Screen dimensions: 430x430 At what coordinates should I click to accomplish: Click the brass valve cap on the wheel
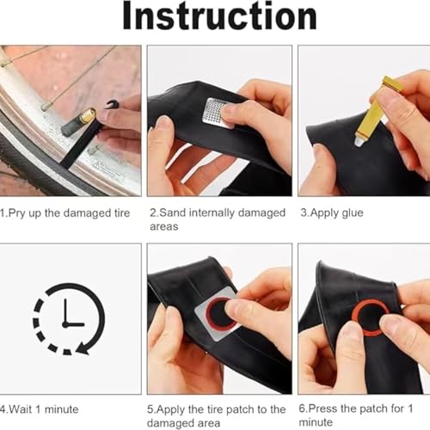coord(88,118)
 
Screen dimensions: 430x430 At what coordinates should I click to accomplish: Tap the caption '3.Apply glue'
coord(331,212)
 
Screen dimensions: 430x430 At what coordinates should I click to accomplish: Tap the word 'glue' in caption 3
coord(350,212)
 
